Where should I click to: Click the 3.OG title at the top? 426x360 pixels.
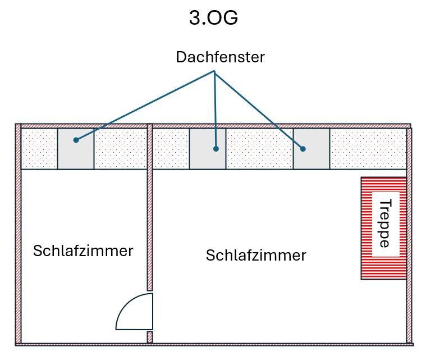pyautogui.click(x=213, y=18)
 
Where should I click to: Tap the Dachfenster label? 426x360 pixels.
pyautogui.click(x=220, y=57)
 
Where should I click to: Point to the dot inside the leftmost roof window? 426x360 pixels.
pyautogui.click(x=76, y=140)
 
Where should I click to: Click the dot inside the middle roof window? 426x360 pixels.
pyautogui.click(x=216, y=149)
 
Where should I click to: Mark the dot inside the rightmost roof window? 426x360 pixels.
pyautogui.click(x=303, y=149)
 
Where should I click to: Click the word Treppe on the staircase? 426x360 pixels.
pyautogui.click(x=384, y=224)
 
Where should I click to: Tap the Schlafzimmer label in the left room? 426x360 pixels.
pyautogui.click(x=83, y=250)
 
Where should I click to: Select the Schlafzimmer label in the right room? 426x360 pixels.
pyautogui.click(x=256, y=256)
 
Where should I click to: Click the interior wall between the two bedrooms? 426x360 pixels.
pyautogui.click(x=150, y=225)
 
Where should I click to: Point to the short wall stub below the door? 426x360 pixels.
pyautogui.click(x=150, y=337)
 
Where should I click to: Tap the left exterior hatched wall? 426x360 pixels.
pyautogui.click(x=18, y=236)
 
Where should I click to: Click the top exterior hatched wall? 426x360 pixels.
pyautogui.click(x=213, y=126)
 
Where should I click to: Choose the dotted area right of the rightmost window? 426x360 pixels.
pyautogui.click(x=368, y=149)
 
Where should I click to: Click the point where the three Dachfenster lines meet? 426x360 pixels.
pyautogui.click(x=214, y=71)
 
